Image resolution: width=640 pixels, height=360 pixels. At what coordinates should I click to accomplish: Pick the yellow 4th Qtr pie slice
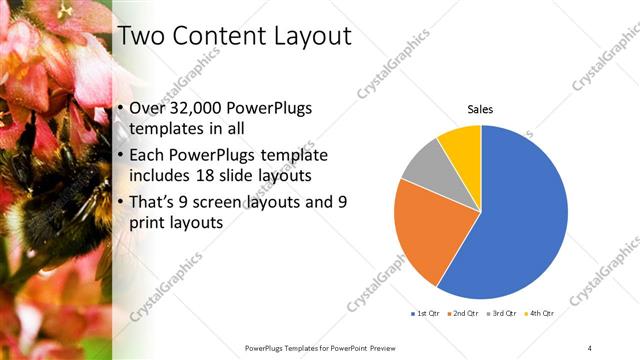tap(463, 145)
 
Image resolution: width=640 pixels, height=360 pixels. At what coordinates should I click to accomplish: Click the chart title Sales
tap(481, 109)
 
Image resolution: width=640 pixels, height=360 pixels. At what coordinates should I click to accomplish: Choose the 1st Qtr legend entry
tap(426, 314)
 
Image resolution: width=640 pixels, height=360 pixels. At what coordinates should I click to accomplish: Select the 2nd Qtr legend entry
tap(463, 314)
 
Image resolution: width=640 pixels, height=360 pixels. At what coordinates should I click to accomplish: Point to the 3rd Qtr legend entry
tap(502, 314)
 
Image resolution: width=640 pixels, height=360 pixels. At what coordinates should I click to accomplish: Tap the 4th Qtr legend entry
tap(540, 314)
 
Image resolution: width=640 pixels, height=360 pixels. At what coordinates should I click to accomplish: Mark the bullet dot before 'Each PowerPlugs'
tap(121, 155)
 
